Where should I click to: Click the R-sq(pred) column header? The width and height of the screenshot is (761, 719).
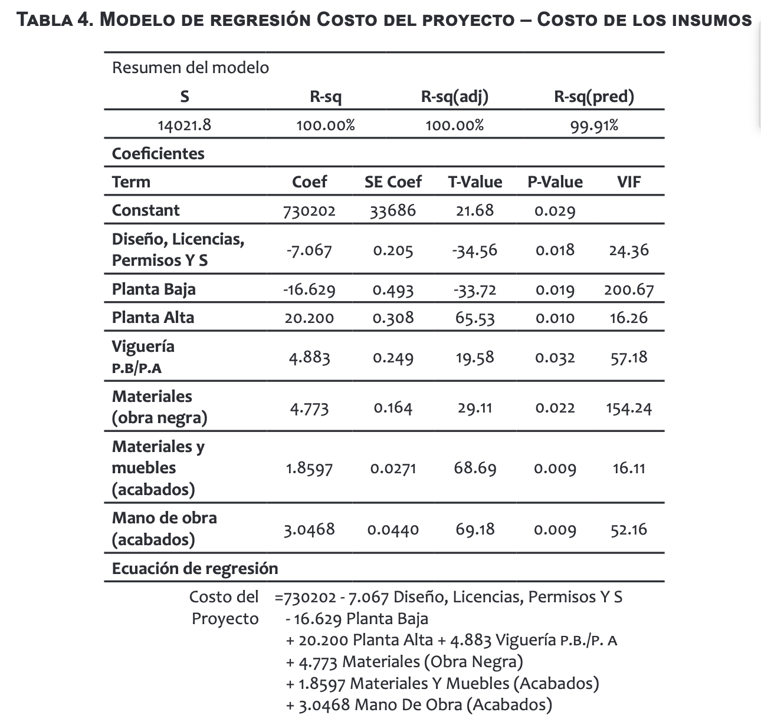593,96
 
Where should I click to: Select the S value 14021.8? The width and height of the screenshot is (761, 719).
184,125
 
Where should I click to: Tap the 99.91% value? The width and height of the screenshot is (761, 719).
593,126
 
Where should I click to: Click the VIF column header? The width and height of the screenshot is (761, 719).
629,182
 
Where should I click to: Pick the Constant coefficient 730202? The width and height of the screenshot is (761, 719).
310,211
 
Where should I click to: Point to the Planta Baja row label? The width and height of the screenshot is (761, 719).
153,289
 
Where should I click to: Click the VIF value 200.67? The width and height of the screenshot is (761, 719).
629,290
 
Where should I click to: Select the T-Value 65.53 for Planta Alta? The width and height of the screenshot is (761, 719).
474,318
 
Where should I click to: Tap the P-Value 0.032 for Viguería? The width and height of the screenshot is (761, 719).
555,358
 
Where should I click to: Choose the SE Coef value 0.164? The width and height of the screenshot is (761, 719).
393,408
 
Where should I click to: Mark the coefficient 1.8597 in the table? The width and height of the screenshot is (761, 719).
309,469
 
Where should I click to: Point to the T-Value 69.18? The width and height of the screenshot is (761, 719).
474,529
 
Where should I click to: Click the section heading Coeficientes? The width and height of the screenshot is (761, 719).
158,154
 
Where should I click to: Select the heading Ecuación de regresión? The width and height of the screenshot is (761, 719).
195,569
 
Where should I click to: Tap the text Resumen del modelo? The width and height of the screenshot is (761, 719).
190,68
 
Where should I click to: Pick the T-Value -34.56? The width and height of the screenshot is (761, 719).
474,250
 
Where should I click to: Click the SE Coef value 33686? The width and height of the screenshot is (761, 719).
393,211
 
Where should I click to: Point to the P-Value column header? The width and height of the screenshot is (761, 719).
555,182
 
